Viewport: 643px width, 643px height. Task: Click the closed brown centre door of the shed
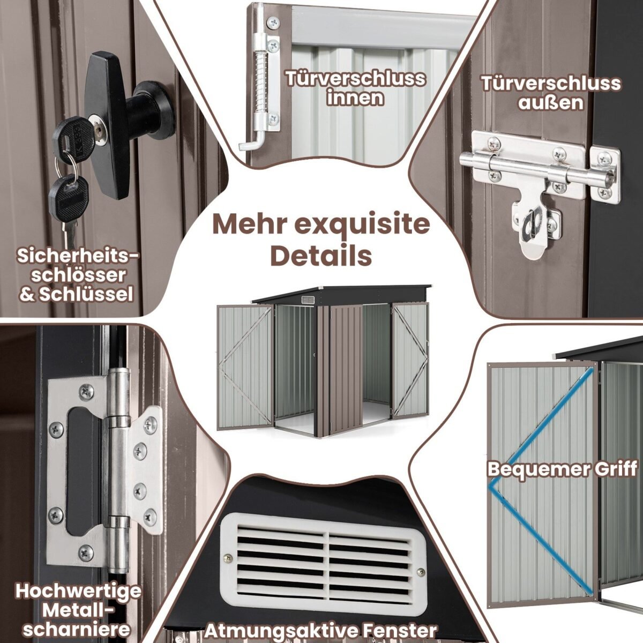click(x=346, y=370)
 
